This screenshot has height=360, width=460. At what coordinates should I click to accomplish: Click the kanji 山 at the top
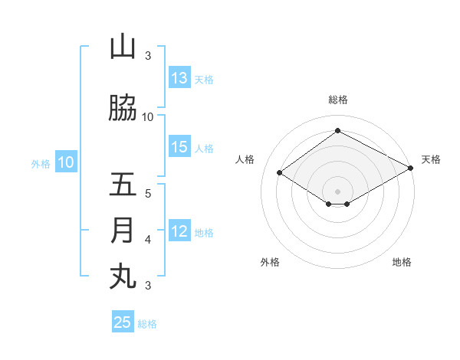point(123,47)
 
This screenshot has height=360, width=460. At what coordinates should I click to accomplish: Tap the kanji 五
point(123,185)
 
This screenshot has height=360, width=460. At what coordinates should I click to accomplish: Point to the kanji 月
point(123,231)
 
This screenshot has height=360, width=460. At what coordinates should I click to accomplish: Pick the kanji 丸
point(123,277)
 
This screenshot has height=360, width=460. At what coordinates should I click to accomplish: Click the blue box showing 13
point(179,78)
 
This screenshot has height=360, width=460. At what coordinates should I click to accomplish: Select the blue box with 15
point(179,147)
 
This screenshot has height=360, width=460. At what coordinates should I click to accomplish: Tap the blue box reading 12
point(179,231)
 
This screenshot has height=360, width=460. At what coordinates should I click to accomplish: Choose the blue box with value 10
point(66,162)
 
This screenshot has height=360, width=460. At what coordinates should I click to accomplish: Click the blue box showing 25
point(123,322)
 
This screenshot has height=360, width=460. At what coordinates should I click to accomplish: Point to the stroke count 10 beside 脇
point(148,116)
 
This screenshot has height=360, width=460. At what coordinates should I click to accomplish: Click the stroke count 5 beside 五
point(148,193)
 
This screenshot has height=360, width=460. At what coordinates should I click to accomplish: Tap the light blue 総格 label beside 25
point(147,324)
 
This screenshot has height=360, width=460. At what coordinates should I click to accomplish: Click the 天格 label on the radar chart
point(431,159)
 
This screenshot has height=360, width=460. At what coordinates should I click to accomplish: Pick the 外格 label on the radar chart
point(270,262)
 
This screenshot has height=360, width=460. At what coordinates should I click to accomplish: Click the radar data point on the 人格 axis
point(279,173)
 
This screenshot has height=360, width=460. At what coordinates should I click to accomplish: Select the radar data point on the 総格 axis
point(337,131)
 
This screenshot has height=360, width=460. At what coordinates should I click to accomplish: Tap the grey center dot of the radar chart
point(337,191)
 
